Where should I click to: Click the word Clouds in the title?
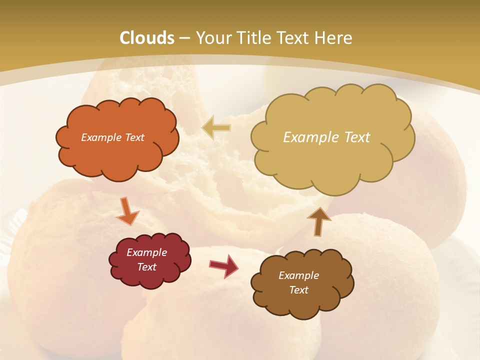(147, 38)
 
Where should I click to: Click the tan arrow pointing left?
(216, 128)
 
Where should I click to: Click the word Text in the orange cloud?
(134, 137)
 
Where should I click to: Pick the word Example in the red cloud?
(147, 252)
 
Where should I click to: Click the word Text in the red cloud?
(147, 267)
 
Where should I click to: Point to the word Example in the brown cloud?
(298, 275)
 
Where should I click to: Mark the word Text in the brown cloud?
(298, 290)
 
